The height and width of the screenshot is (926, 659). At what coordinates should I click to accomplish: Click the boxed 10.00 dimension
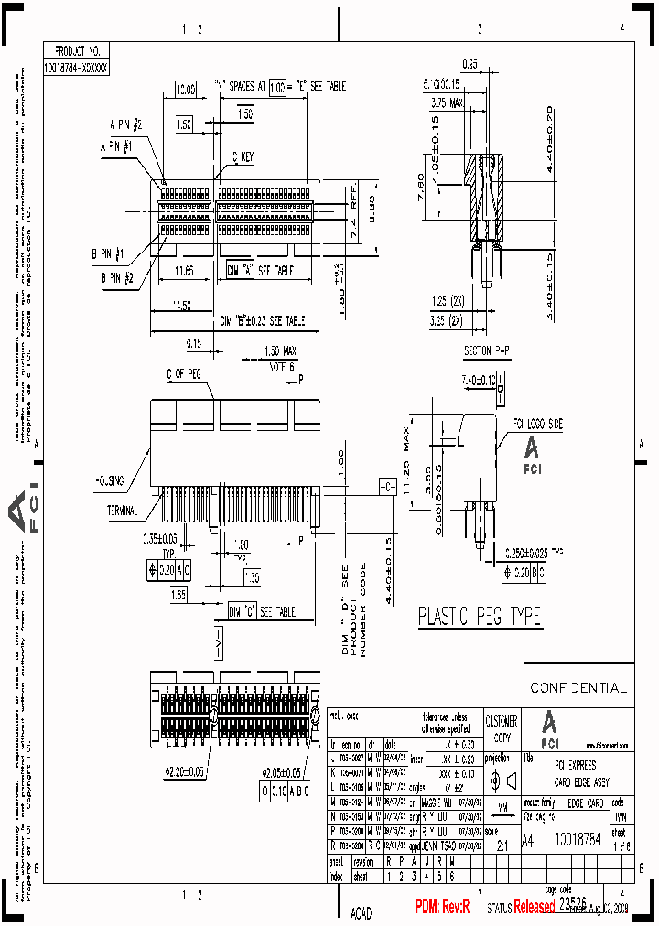coord(186,89)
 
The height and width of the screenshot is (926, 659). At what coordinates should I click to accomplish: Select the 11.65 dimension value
coord(183,272)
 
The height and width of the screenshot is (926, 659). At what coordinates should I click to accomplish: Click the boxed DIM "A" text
coord(241,271)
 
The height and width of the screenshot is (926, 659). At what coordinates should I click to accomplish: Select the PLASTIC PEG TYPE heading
coord(479,617)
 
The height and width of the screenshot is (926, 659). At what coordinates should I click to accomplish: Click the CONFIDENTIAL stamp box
coord(578,686)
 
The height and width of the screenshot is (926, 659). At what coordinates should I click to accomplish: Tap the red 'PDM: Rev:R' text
coord(442,907)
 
